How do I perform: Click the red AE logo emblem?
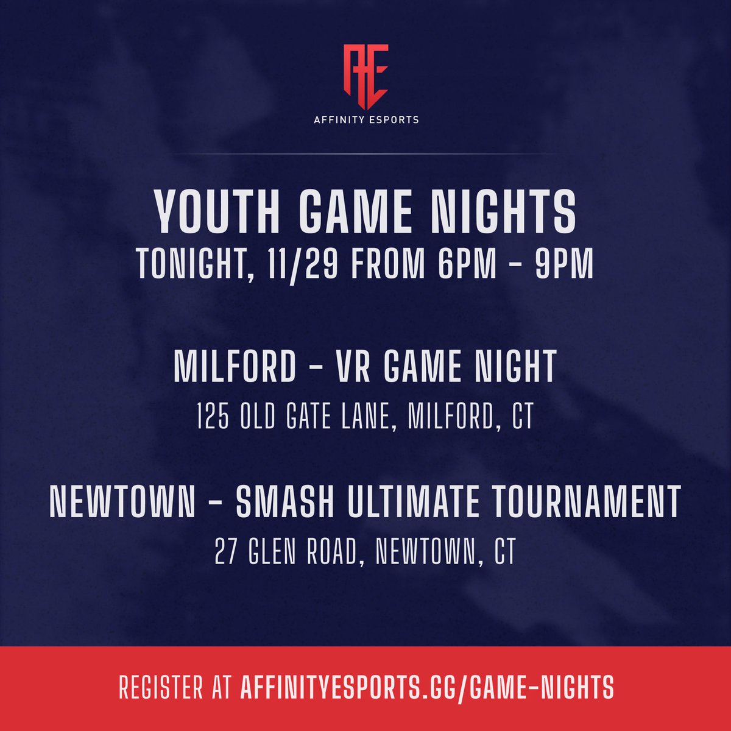365,75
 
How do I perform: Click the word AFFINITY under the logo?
340,120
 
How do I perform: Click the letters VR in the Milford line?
345,367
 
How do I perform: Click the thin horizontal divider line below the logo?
365,155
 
